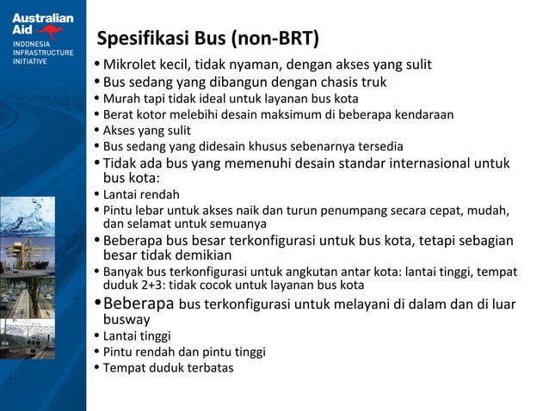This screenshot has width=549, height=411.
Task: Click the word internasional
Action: pos(419,163)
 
